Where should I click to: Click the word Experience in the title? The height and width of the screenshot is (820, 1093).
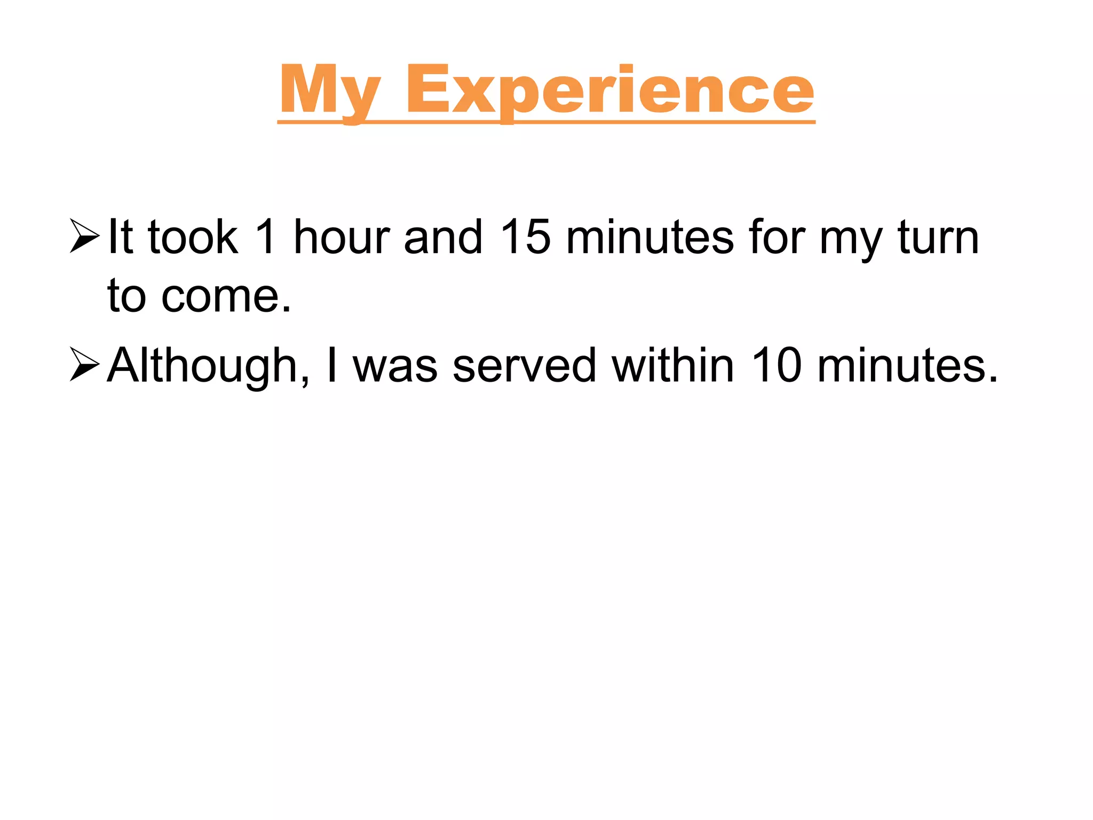pyautogui.click(x=609, y=91)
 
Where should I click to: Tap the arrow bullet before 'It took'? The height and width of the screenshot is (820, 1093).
pyautogui.click(x=84, y=235)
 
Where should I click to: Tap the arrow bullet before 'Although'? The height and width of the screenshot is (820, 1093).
pyautogui.click(x=84, y=364)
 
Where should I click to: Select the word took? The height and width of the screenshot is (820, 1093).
pyautogui.click(x=193, y=237)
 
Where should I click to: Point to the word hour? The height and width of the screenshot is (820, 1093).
pyautogui.click(x=342, y=237)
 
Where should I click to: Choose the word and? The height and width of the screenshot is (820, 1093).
pyautogui.click(x=443, y=237)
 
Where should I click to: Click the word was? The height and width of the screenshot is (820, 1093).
pyautogui.click(x=395, y=366)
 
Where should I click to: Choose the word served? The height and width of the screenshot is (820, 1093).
pyautogui.click(x=524, y=366)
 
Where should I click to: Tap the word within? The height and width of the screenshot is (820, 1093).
pyautogui.click(x=673, y=366)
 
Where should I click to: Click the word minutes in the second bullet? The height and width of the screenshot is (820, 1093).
pyautogui.click(x=907, y=366)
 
